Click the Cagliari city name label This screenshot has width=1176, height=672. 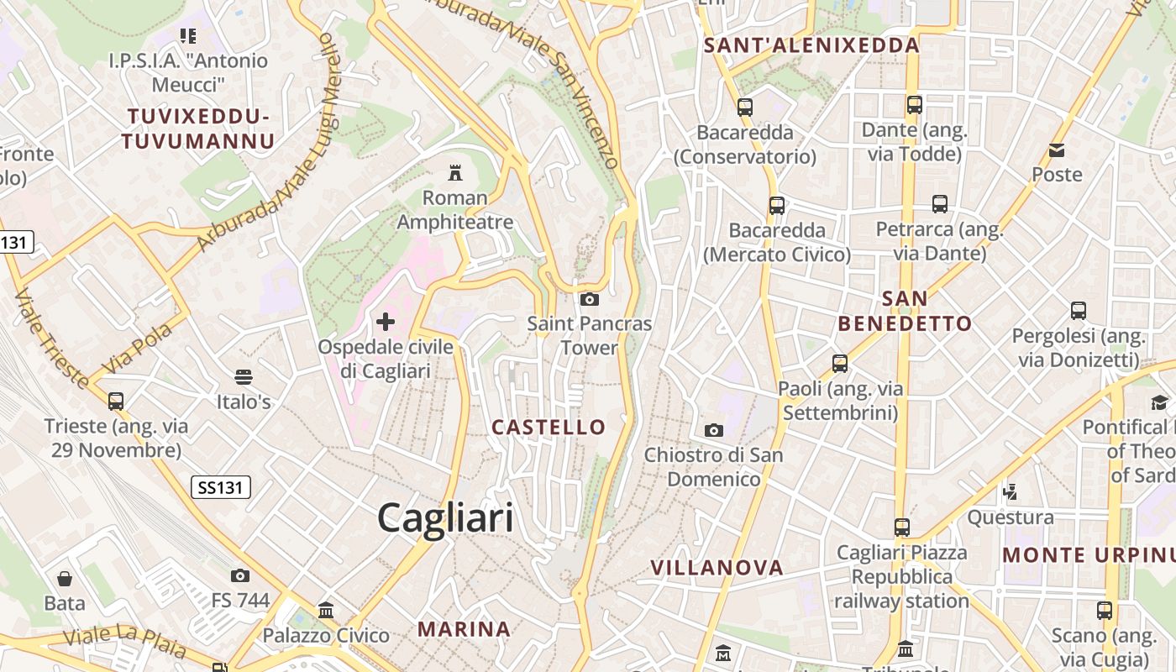tap(445, 517)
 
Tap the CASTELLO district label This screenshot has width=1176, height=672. tap(549, 427)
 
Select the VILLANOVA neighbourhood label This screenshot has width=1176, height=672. tap(717, 568)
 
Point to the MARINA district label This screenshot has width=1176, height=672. tap(464, 628)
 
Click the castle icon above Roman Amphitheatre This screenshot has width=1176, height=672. tap(455, 174)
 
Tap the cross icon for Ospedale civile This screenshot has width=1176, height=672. tap(386, 321)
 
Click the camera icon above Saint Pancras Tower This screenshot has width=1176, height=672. tap(590, 299)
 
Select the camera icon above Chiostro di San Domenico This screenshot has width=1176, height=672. tap(713, 431)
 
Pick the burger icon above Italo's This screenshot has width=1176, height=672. tap(244, 377)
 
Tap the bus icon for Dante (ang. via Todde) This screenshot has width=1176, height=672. tap(915, 106)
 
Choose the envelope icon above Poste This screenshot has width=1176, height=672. tap(1057, 150)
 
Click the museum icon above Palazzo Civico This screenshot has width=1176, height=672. tap(326, 611)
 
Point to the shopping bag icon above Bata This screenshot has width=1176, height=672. tap(65, 579)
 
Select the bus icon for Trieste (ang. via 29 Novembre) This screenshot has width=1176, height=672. tap(116, 402)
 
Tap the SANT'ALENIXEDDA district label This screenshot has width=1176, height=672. tap(811, 45)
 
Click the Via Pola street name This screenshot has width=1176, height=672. tap(138, 348)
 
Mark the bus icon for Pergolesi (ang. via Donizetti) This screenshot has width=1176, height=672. tap(1079, 312)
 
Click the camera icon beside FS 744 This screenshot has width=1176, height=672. tap(240, 575)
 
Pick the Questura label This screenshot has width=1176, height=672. tap(1011, 517)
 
